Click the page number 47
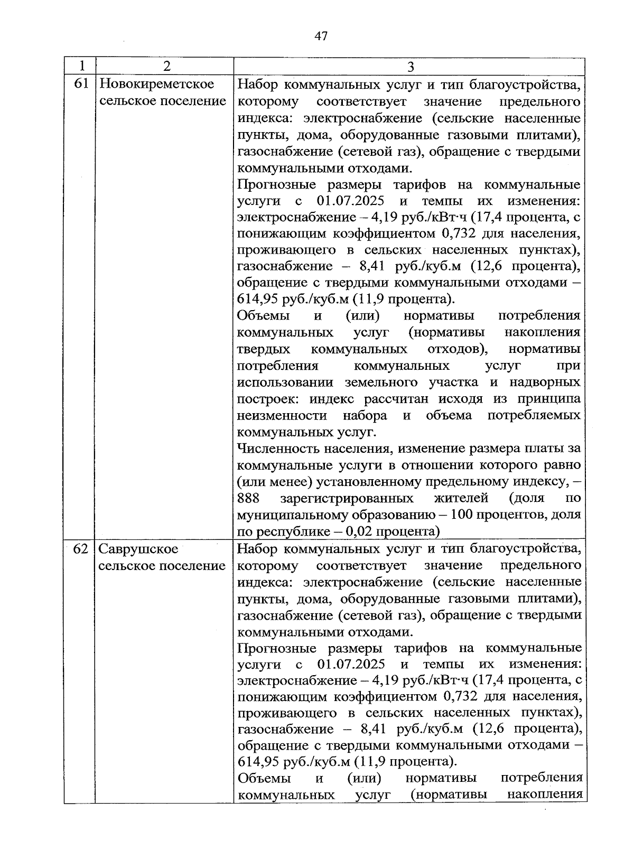(x=321, y=36)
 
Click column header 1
(x=81, y=66)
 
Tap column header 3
(x=411, y=67)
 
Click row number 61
(x=81, y=84)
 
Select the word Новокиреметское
(x=157, y=84)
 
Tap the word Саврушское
(x=138, y=548)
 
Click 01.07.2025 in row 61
(x=350, y=201)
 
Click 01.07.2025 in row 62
(x=351, y=664)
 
